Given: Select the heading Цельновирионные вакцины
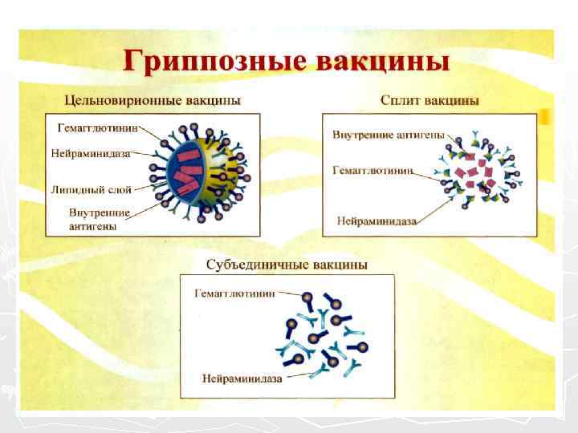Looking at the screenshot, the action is click(153, 101).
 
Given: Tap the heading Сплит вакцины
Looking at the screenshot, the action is click(429, 101).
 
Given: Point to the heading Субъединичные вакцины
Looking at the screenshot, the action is click(287, 264).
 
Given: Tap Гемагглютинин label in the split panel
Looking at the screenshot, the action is click(373, 171).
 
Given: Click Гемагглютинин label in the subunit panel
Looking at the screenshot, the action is click(235, 293).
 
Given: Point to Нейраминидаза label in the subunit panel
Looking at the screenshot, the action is click(242, 378).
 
